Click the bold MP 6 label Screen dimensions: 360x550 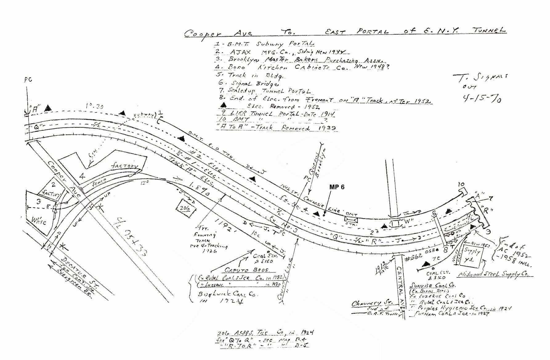337,187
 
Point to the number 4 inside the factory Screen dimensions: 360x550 82,177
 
